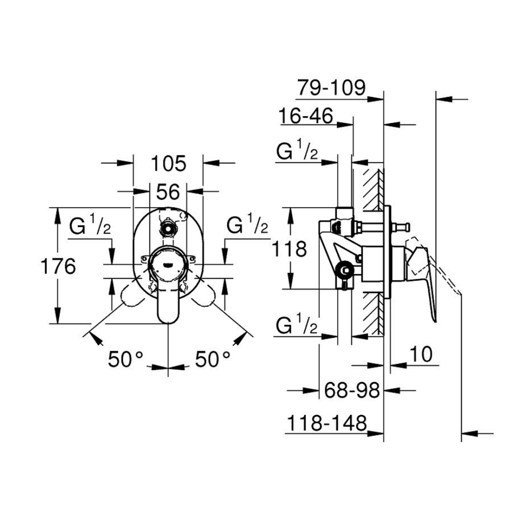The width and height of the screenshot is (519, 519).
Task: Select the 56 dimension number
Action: pyautogui.click(x=168, y=192)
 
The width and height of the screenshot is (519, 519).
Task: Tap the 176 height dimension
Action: pyautogui.click(x=58, y=266)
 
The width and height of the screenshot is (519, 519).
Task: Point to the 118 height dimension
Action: pyautogui.click(x=289, y=249)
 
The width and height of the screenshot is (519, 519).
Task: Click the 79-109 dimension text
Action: pyautogui.click(x=331, y=87)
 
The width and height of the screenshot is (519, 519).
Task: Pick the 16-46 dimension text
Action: pyautogui.click(x=306, y=116)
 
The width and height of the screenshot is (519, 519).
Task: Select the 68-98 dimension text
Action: pyautogui.click(x=352, y=390)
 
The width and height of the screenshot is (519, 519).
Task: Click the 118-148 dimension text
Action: pyautogui.click(x=327, y=423)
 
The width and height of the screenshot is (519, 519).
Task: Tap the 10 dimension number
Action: pyautogui.click(x=421, y=354)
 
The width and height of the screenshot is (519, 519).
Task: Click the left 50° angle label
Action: pyautogui.click(x=126, y=359)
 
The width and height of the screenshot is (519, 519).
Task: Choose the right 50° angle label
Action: pyautogui.click(x=212, y=359)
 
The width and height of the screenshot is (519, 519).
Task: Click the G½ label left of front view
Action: pyautogui.click(x=90, y=225)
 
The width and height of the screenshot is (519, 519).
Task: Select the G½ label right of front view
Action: pyautogui.click(x=247, y=224)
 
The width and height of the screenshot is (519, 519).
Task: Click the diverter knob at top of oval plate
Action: pyautogui.click(x=168, y=228)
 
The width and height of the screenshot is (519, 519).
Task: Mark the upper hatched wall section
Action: pyautogui.click(x=374, y=189)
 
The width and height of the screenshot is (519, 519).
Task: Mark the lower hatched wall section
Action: pyautogui.click(x=374, y=313)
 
